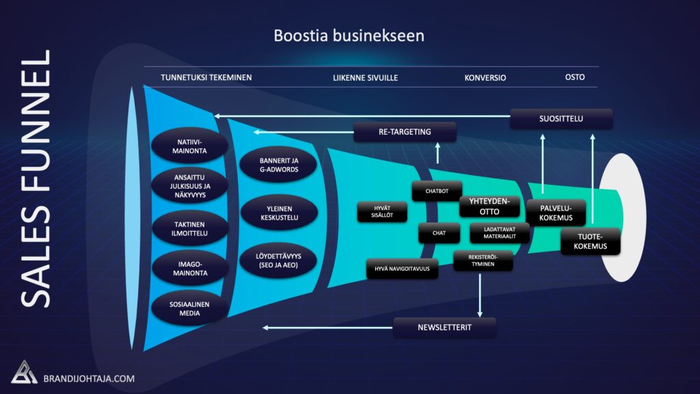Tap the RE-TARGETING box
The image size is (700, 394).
coord(405,132)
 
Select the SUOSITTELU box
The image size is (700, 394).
coord(561,119)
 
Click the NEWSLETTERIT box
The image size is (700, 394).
coord(444,328)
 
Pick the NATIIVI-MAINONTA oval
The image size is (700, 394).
coord(190,146)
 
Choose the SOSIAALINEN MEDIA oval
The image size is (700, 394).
coord(190,308)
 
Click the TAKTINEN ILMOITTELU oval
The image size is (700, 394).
coord(190,228)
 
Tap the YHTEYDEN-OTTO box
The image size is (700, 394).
coord(489,207)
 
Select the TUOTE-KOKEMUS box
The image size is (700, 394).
coord(590,241)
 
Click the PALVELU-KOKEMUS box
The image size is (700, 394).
coord(556,213)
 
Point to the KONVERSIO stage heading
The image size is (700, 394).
coord(485,78)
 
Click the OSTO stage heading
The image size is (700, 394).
coord(574,77)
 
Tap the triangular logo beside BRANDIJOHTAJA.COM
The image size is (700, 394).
coord(24,373)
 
